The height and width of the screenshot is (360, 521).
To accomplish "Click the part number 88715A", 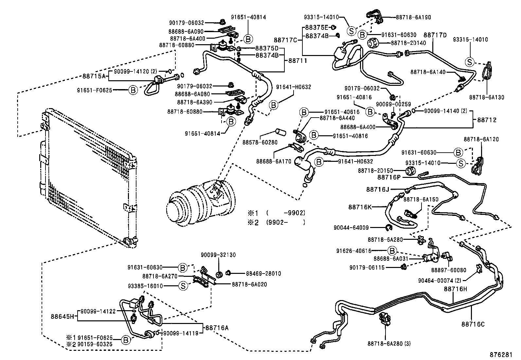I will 94,76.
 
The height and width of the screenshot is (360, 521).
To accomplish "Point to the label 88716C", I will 473,324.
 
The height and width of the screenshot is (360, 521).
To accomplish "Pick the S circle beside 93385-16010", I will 183,286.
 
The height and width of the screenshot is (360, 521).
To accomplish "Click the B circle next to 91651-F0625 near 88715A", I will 133,90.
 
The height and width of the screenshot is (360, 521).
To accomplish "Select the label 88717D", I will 435,35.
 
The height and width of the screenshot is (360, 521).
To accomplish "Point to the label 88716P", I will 389,177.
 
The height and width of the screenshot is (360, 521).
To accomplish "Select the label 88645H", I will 63,317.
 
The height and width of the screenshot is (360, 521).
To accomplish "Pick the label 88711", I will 298,61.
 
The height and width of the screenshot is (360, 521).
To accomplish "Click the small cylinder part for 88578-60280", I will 281,132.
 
